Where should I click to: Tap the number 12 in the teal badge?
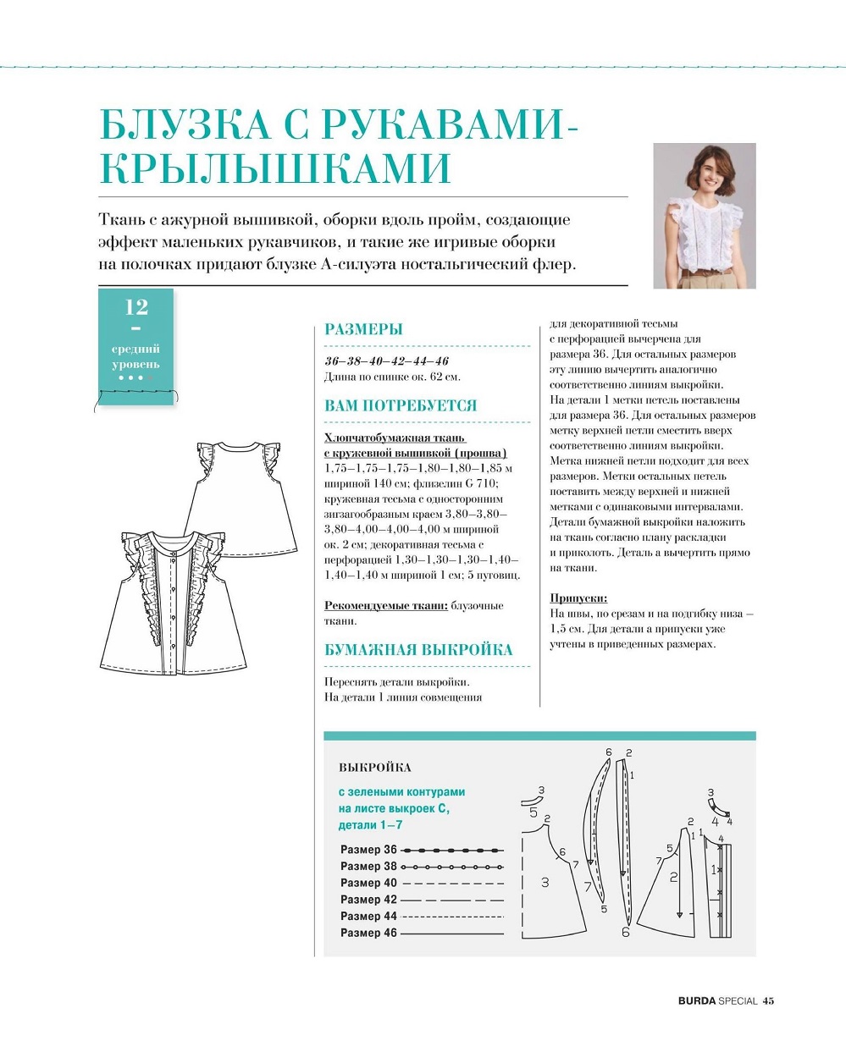coord(136,306)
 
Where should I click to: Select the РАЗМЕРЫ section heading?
coord(363,330)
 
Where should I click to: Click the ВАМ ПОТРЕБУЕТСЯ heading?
coord(401,405)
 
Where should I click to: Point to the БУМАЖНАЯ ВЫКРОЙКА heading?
coord(418,650)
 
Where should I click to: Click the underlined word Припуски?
coord(578,598)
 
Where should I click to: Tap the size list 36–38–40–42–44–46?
coord(386,361)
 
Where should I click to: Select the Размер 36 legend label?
coord(368,849)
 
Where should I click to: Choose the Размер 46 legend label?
coord(368,932)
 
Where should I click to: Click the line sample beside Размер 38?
coord(451,867)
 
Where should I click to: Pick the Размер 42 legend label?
coord(368,900)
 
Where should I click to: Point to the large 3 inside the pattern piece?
coord(545,882)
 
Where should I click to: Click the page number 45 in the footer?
coord(768,1000)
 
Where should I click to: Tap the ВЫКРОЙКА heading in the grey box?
coord(374,768)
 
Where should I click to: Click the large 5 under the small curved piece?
coord(534,812)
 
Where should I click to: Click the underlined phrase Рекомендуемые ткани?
coord(385,605)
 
